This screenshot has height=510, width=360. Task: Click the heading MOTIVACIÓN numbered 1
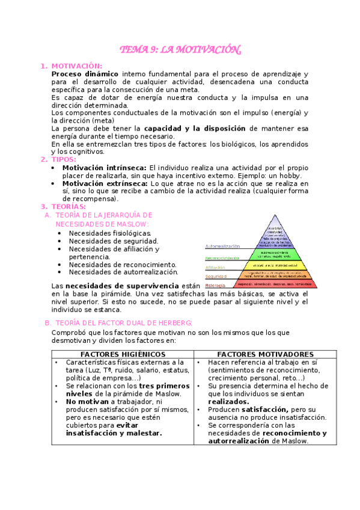click(76, 66)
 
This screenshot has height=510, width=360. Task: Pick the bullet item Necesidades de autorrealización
click(123, 272)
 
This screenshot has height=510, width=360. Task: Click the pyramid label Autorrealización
click(223, 246)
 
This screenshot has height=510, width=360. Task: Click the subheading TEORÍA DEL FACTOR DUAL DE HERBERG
click(123, 323)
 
